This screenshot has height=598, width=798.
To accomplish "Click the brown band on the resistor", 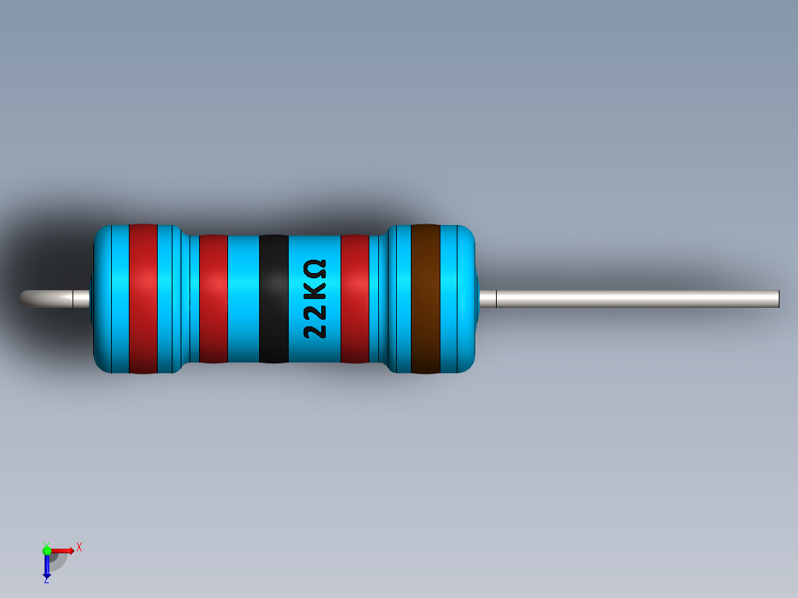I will click(x=425, y=298).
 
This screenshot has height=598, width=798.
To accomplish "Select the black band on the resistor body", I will click(x=273, y=298).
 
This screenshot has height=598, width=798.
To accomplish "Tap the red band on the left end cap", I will click(x=143, y=298).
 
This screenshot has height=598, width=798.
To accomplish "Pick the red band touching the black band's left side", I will click(x=213, y=298).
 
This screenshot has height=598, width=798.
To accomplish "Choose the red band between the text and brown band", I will click(x=355, y=298).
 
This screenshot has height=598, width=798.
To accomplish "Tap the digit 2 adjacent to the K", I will click(x=315, y=310).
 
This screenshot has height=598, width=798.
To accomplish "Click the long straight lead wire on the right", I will click(x=637, y=298).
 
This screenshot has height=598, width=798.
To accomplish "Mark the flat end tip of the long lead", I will click(x=778, y=298).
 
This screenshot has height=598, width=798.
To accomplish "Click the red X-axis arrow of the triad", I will click(x=63, y=550).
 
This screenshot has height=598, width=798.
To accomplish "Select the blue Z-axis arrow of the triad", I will click(x=47, y=565).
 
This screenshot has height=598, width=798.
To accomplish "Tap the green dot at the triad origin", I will click(x=47, y=550).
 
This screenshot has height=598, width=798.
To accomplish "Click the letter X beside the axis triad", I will click(x=78, y=547).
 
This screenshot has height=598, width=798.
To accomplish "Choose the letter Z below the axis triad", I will click(x=46, y=579).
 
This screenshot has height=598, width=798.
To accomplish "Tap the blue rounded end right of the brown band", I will click(x=459, y=298).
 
